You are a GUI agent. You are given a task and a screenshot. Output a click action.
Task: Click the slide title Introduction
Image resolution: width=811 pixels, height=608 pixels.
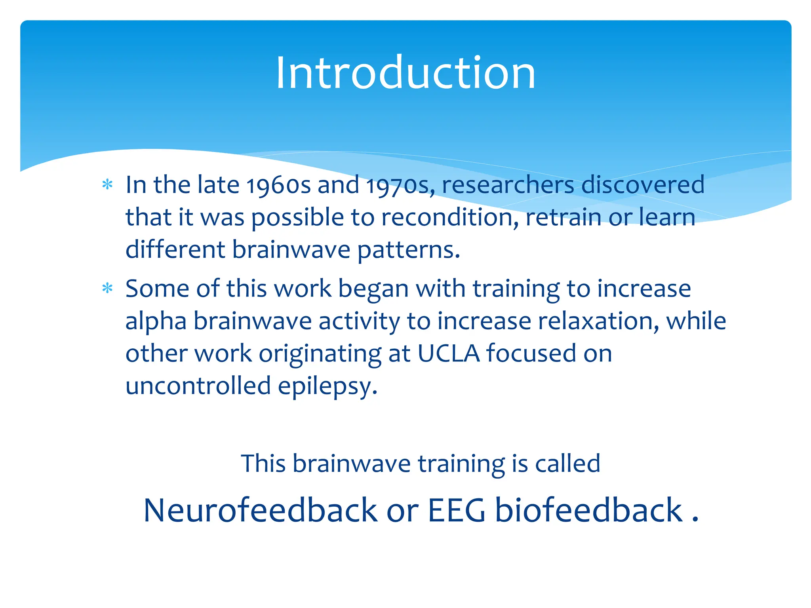[x=405, y=73]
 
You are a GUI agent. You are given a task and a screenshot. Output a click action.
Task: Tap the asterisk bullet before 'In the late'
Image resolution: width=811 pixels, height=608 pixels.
[x=107, y=184]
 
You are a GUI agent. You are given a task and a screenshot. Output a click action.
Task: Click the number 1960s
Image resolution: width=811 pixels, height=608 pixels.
[x=278, y=185]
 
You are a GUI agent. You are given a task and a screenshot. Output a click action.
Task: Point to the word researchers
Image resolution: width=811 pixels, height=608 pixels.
[x=508, y=185]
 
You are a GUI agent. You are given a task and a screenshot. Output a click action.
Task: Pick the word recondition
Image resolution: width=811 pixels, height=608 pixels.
[x=450, y=218]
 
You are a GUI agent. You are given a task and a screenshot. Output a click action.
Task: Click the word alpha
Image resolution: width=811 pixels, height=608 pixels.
[x=156, y=321]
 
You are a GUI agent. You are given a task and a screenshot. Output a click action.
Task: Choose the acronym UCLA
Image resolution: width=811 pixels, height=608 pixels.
[x=448, y=353]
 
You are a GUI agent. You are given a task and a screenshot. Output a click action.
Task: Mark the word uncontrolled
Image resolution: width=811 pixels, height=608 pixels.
[x=198, y=386]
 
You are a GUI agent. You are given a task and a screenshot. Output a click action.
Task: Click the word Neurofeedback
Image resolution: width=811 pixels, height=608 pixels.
[x=260, y=511]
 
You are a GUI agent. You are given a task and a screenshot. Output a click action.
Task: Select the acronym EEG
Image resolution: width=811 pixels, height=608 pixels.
[x=457, y=511]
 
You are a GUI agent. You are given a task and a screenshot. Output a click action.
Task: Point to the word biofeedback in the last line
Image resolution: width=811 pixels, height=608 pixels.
[x=589, y=511]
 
